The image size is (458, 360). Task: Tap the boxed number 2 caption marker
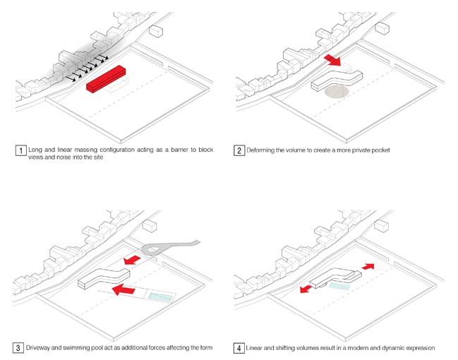[240, 150]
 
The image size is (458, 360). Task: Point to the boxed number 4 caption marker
[240, 348]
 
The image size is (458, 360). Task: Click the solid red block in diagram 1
[106, 78]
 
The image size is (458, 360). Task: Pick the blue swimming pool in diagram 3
[160, 297]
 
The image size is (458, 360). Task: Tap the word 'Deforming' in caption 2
[264, 150]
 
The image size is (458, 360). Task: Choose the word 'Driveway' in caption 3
[42, 348]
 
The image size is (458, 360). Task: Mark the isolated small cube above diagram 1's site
[157, 31]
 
